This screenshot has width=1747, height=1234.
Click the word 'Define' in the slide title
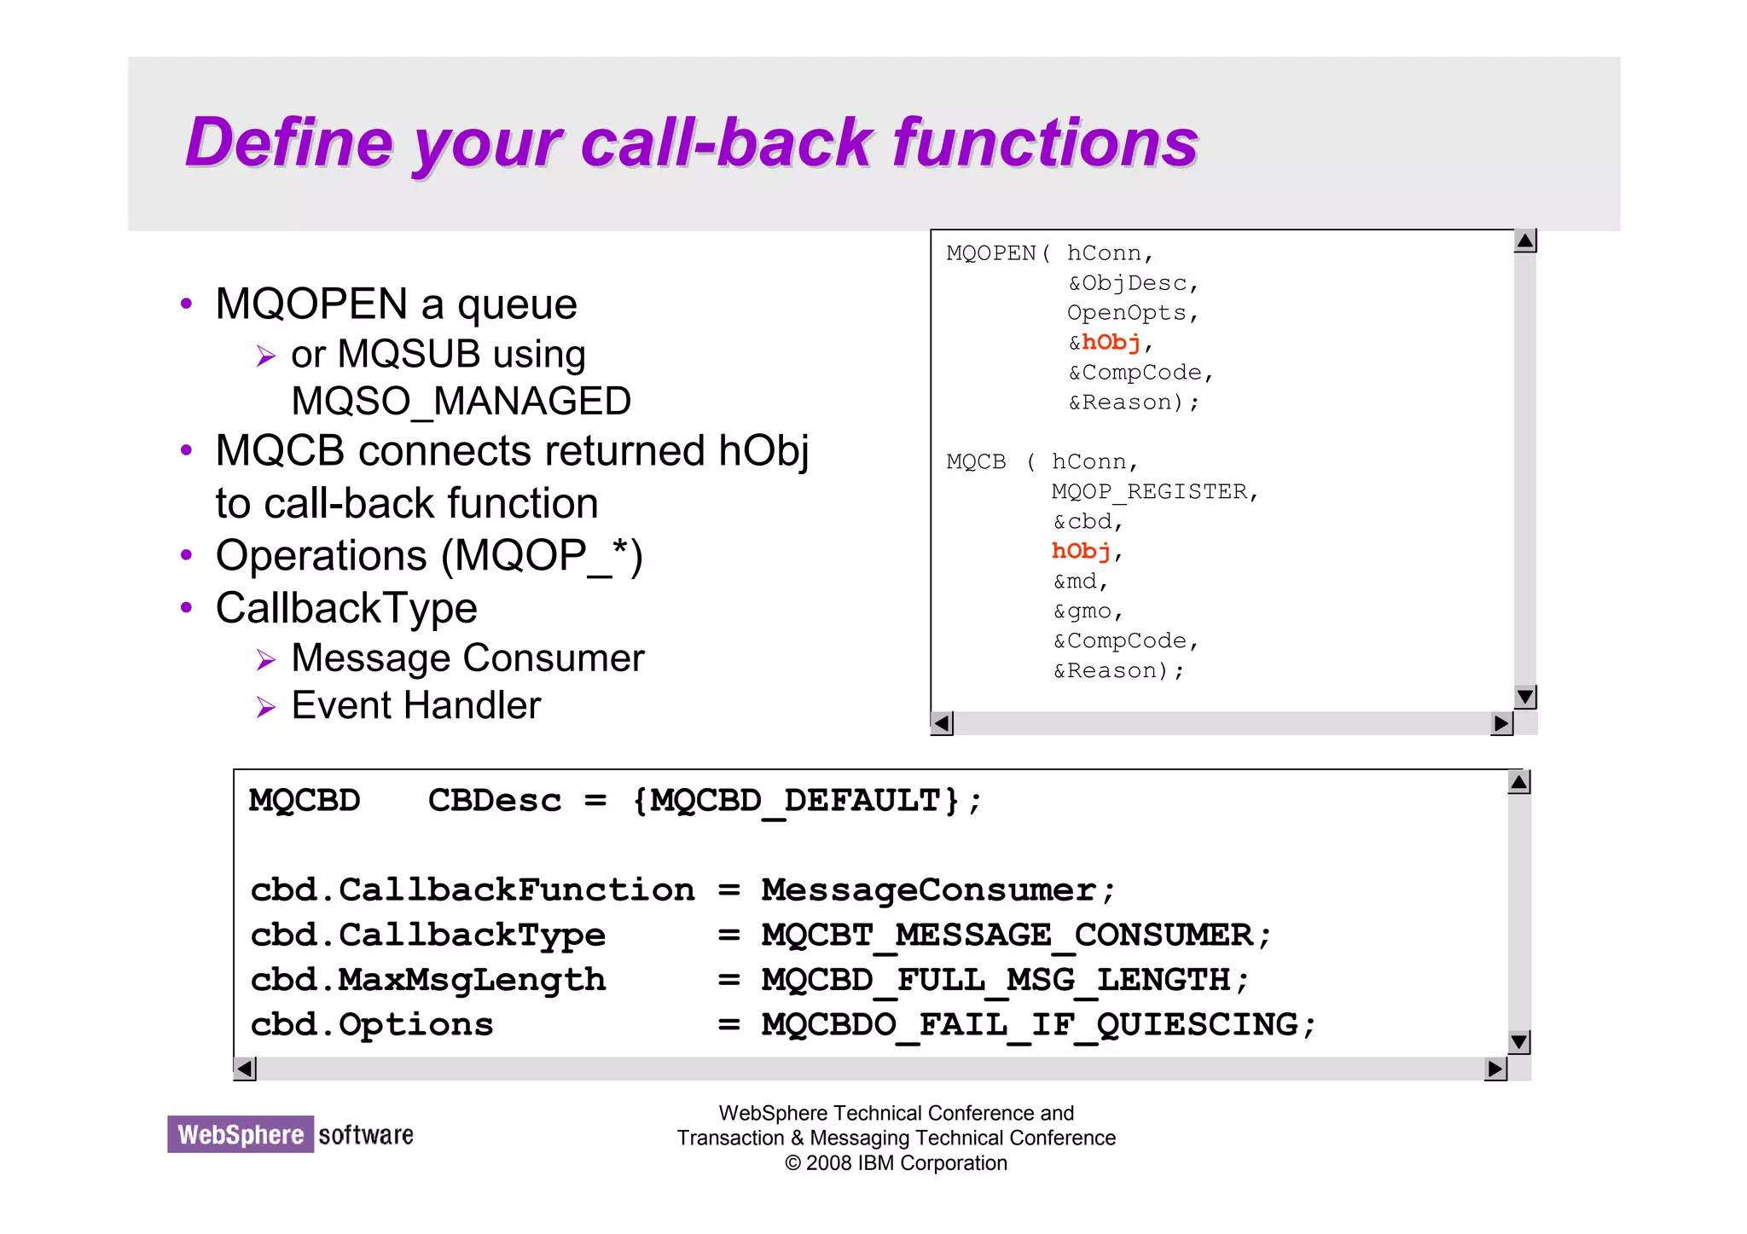click(289, 143)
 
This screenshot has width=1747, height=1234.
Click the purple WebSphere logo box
click(241, 1134)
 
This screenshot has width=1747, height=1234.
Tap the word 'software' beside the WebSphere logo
click(366, 1135)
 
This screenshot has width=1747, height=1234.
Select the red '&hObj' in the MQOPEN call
click(1106, 343)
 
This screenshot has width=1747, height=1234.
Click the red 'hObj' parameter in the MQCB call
click(1081, 552)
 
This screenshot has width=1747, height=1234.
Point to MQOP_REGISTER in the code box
click(1149, 492)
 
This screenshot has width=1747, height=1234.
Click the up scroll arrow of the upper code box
click(1525, 241)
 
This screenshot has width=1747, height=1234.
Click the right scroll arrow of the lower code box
click(1495, 1069)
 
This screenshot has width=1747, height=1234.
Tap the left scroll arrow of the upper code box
click(942, 724)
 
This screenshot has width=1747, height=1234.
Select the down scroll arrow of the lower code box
click(1518, 1042)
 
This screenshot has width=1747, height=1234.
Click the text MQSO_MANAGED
click(461, 402)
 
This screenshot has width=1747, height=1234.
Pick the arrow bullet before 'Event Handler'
click(266, 708)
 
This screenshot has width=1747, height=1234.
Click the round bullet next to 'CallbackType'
click(187, 608)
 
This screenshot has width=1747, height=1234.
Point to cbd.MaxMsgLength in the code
click(427, 980)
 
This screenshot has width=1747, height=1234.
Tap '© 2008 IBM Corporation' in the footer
click(896, 1163)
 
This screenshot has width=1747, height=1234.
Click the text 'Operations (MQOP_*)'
click(429, 556)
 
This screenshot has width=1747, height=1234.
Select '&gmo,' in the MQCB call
click(1088, 611)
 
